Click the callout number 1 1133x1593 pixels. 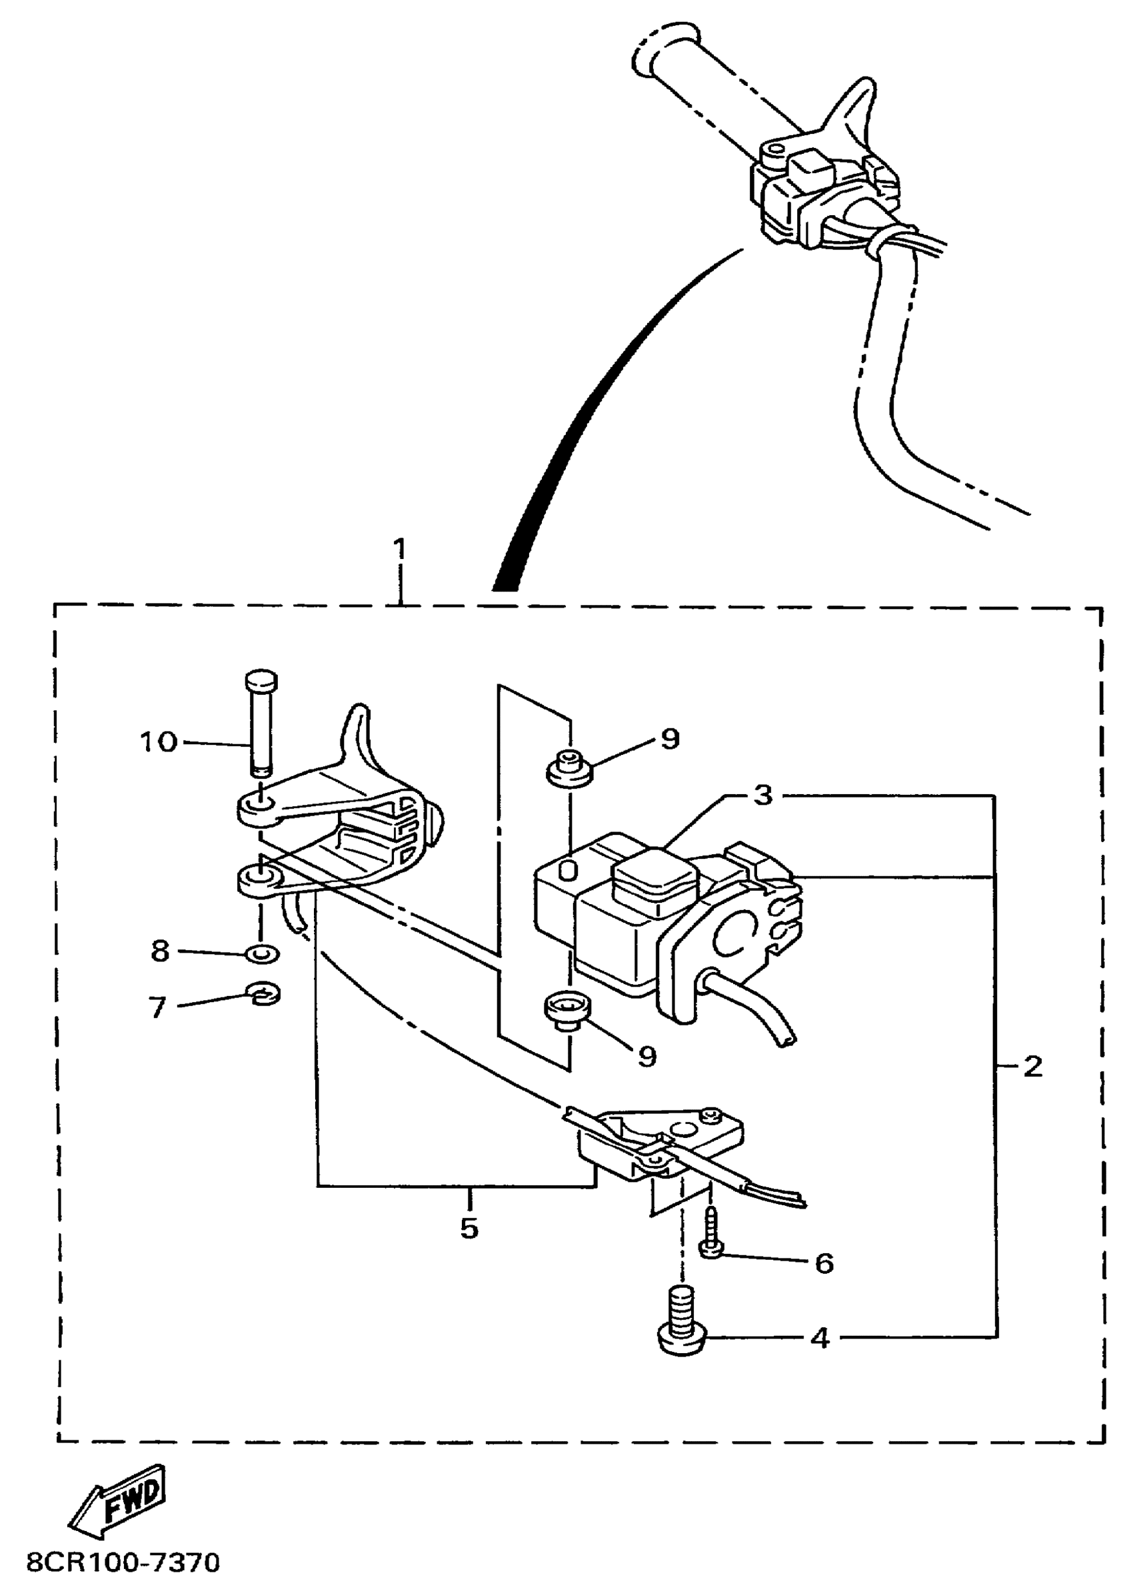click(399, 551)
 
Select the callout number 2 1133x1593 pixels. click(1032, 1067)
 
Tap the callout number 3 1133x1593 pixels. click(764, 794)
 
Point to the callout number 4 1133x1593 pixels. click(821, 1338)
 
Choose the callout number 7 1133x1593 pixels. click(158, 1008)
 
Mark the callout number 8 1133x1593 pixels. click(161, 951)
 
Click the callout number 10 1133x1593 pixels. click(159, 742)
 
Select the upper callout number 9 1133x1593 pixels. click(670, 739)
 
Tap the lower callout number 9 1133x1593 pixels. click(647, 1057)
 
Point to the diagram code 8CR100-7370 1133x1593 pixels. click(123, 1562)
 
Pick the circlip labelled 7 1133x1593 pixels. click(264, 995)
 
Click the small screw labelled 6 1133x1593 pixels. click(710, 1237)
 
